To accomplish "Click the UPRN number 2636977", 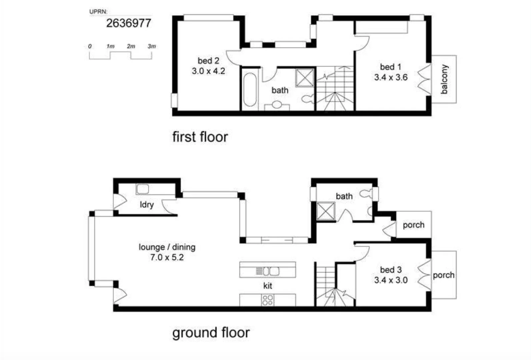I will (x=129, y=23).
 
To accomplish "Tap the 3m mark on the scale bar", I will (x=152, y=46).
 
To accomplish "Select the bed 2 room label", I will (x=208, y=61).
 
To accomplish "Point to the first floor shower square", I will (x=305, y=78).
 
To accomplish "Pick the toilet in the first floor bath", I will (x=307, y=98).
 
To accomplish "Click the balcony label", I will (x=444, y=79).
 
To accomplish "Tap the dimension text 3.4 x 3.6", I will (x=391, y=77).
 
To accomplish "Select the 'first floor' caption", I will (x=200, y=137).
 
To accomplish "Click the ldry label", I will (x=147, y=204).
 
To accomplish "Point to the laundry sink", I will (x=142, y=189).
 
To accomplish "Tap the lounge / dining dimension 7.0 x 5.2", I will (x=167, y=257).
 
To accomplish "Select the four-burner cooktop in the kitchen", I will (x=268, y=300).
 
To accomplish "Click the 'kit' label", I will (x=268, y=286).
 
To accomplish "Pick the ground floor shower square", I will (x=326, y=211).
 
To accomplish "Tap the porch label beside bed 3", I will (x=443, y=275).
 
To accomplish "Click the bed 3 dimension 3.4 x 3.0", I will (x=391, y=280).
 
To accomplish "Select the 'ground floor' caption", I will (x=211, y=333).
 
